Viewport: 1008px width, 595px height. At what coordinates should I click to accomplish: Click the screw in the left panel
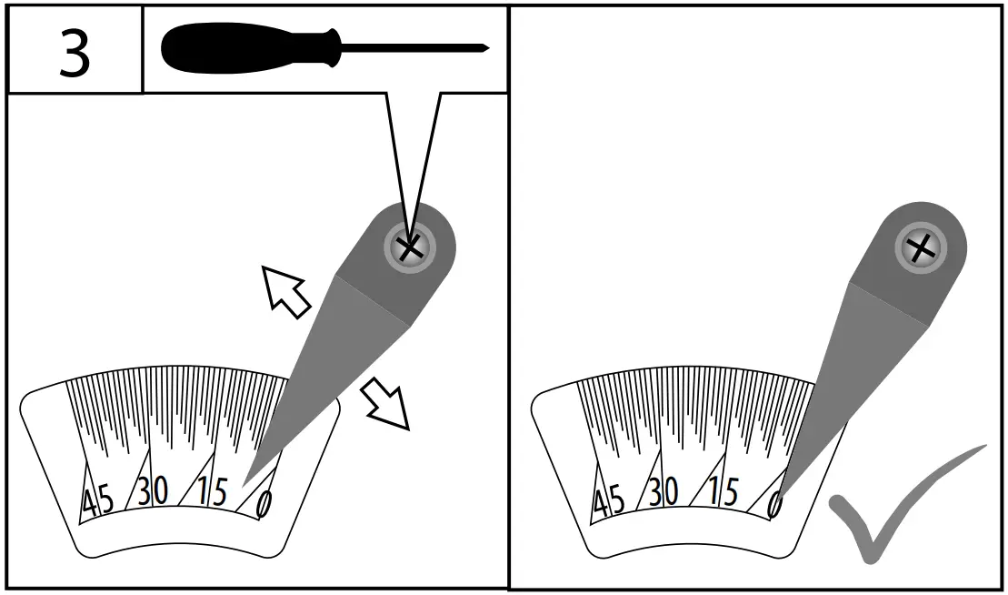coord(409,246)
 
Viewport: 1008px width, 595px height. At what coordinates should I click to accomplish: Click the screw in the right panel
coord(920,247)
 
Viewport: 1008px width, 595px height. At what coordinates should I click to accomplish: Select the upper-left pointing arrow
coord(285,290)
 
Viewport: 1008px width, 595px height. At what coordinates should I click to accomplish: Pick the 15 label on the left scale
coord(212,492)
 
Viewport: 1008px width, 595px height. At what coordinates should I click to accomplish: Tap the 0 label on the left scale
coord(264,503)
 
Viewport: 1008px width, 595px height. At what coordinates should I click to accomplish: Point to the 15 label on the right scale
coord(723,492)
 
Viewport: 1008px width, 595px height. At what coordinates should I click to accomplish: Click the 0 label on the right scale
coord(775,503)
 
